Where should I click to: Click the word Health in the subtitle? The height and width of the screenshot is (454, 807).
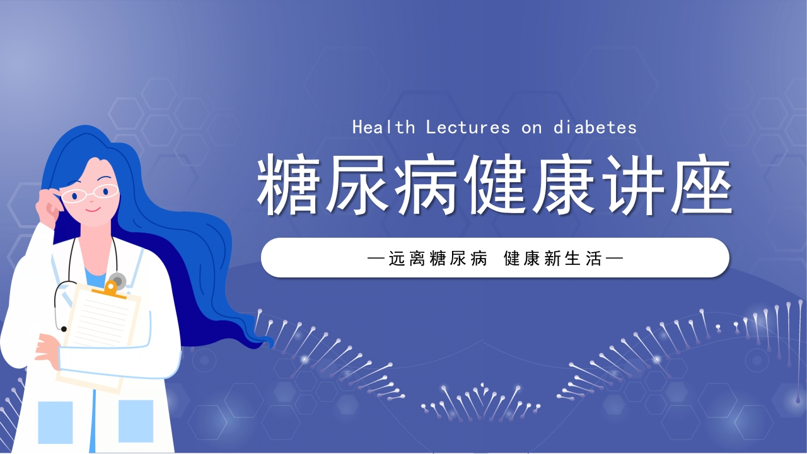[383, 127]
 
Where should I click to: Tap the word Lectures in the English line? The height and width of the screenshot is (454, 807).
[468, 127]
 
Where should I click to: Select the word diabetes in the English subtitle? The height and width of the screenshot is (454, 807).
[595, 127]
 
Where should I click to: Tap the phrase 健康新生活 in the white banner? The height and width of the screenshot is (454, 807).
[553, 258]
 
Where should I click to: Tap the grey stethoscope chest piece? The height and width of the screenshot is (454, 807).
[117, 279]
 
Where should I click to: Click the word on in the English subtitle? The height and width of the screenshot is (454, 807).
[531, 127]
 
